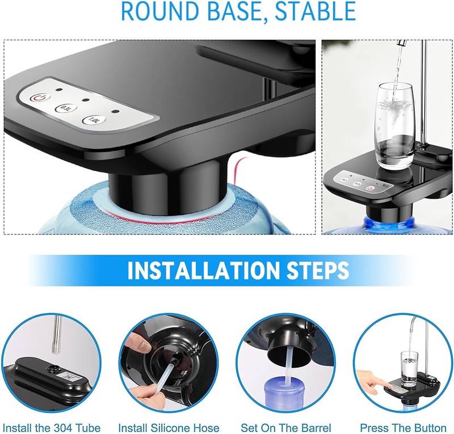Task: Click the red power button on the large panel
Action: [x=40, y=98]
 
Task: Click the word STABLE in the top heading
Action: [x=316, y=11]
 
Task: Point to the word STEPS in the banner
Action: [x=318, y=271]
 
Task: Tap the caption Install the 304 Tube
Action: [x=52, y=428]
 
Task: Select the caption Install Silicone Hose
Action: [x=169, y=428]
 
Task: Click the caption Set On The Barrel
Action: [x=286, y=428]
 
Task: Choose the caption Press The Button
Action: [x=403, y=428]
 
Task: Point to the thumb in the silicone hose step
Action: [x=138, y=342]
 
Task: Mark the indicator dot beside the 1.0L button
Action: [x=116, y=111]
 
